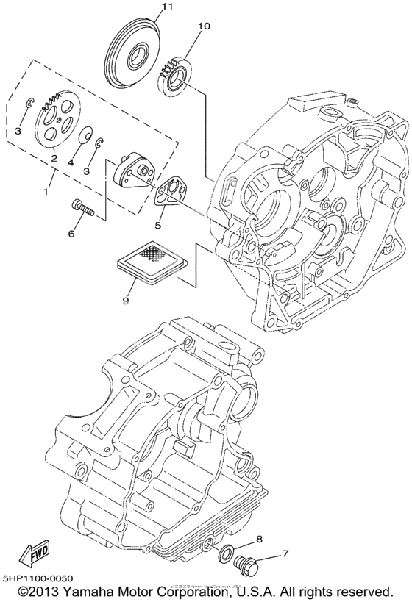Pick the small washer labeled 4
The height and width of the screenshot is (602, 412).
pyautogui.click(x=86, y=135)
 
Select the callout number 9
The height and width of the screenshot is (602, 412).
pyautogui.click(x=125, y=299)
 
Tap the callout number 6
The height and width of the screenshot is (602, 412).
pyautogui.click(x=71, y=233)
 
